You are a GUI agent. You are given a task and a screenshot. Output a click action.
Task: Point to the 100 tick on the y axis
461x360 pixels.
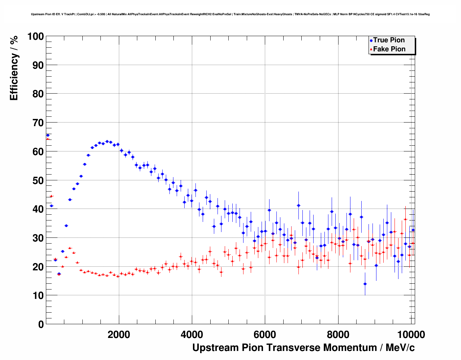click(36, 37)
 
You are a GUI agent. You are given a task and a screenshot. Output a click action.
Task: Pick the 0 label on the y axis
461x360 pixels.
click(41, 324)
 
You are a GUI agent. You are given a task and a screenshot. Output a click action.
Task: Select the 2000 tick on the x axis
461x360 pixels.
click(119, 335)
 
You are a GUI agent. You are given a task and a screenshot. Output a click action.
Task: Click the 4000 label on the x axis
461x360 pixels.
click(192, 335)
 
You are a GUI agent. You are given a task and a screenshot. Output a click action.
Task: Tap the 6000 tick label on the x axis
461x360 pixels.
click(265, 335)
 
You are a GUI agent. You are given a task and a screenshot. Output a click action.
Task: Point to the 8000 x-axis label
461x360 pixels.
click(338, 335)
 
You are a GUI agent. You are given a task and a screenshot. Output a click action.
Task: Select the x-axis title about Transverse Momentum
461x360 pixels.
click(303, 348)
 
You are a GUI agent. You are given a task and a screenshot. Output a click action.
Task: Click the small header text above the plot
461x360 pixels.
click(230, 14)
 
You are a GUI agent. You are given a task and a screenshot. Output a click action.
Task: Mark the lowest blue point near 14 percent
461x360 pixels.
click(365, 284)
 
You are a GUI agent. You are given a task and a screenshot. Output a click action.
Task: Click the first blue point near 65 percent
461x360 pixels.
click(48, 135)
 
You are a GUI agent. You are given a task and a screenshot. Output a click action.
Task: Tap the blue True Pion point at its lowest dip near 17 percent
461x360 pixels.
click(59, 274)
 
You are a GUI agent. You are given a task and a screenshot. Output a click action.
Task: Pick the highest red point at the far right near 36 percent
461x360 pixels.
click(405, 219)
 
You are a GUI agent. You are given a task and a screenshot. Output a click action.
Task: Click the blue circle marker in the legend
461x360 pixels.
click(371, 40)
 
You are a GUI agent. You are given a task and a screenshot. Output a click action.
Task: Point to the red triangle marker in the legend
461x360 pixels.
click(371, 50)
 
